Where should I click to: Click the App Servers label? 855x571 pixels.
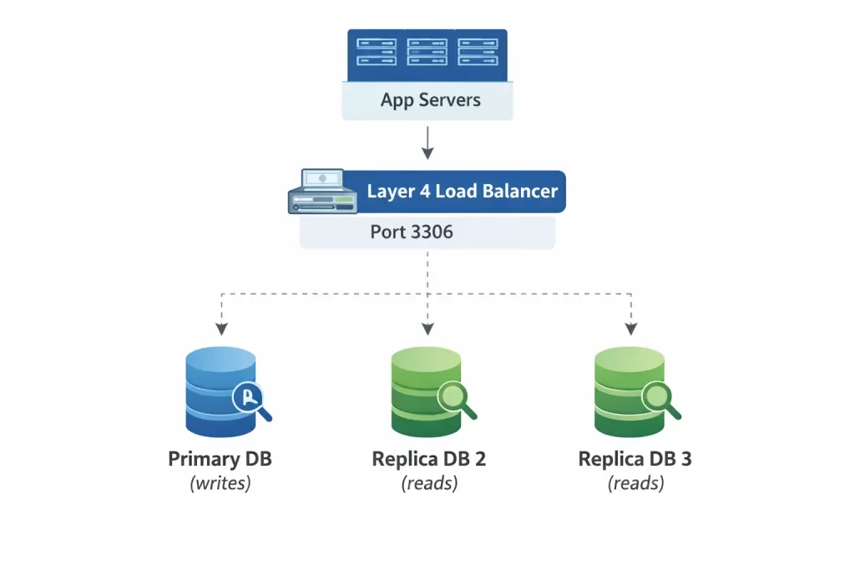(x=430, y=100)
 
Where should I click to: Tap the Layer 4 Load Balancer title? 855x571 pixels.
(x=462, y=191)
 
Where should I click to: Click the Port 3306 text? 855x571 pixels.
(x=412, y=232)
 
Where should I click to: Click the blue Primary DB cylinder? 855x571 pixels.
(x=219, y=392)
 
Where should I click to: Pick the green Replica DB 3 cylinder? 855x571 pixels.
(x=629, y=392)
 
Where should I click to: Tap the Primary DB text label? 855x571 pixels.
(x=220, y=459)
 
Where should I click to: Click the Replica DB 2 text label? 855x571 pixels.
(x=429, y=459)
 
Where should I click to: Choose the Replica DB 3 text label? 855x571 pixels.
(x=635, y=459)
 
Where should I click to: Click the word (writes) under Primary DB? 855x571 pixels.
(x=220, y=483)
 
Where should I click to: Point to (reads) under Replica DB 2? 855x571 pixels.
(x=429, y=483)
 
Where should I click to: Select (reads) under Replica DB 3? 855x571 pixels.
(x=635, y=483)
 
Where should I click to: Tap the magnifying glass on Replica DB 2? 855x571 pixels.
(x=456, y=399)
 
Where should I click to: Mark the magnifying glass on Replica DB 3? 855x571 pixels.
(x=660, y=399)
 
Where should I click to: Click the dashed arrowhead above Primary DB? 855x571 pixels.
(x=221, y=327)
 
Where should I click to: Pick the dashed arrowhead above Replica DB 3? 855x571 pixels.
(x=631, y=327)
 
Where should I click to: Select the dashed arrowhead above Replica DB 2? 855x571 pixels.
(x=427, y=327)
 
